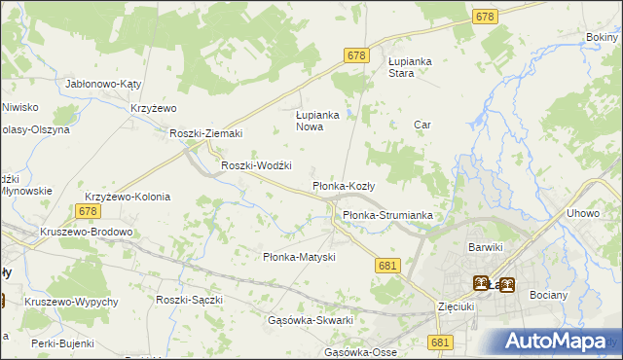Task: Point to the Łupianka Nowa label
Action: [x=316, y=120]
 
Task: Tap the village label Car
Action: [x=422, y=125]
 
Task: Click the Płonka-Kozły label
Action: [x=350, y=185]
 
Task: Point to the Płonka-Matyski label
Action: [x=300, y=257]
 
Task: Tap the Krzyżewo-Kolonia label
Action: [x=128, y=197]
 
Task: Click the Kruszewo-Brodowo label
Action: [x=86, y=233]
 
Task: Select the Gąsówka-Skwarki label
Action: [x=310, y=320]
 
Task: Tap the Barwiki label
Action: [x=485, y=247]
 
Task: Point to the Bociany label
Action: [x=548, y=293]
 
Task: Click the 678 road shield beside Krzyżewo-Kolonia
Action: [x=88, y=211]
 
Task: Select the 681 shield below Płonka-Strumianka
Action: [x=387, y=266]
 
